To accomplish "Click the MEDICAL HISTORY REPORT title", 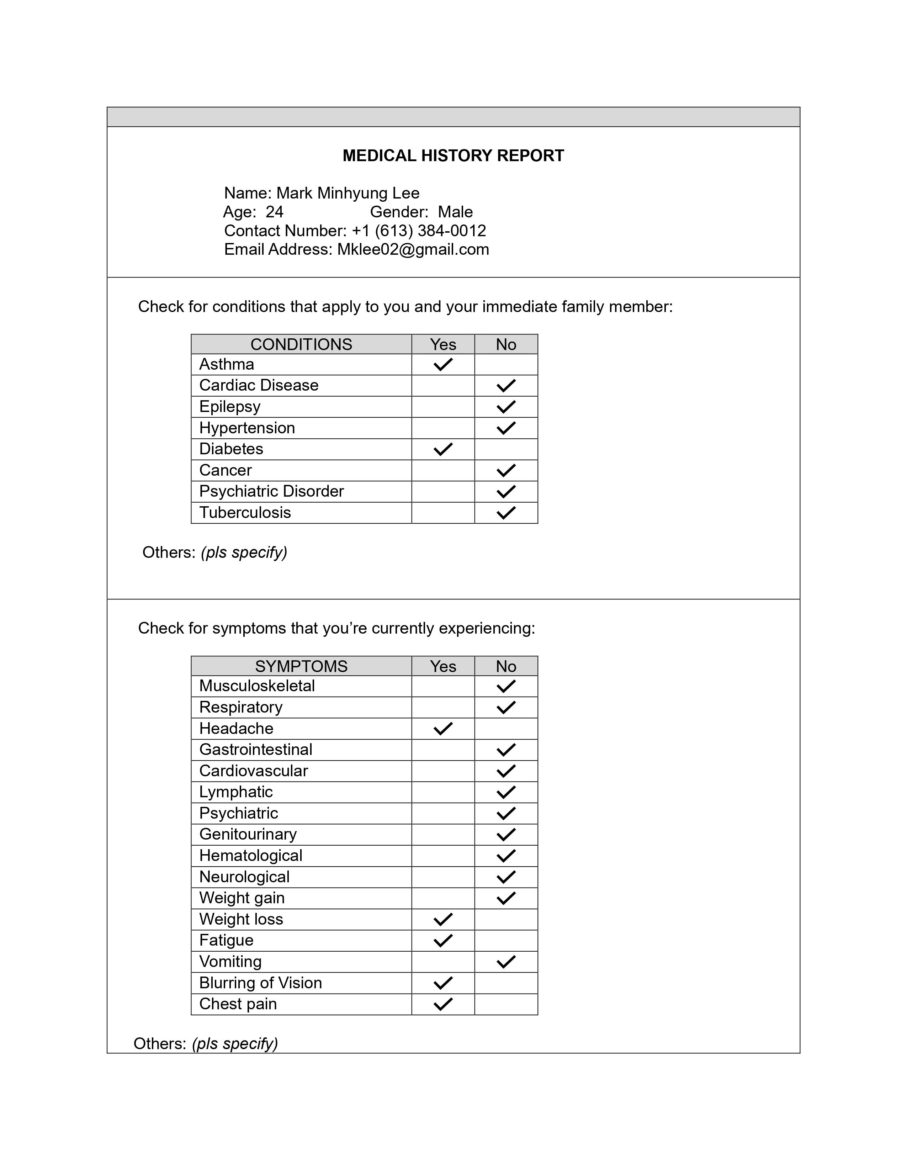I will [x=453, y=156].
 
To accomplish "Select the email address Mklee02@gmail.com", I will [x=413, y=249].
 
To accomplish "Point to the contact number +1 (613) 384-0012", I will [x=419, y=231].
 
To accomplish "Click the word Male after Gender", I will [x=455, y=212].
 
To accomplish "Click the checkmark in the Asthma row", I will [x=443, y=364].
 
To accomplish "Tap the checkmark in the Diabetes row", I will [x=443, y=449].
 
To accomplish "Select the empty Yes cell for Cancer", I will [x=443, y=470].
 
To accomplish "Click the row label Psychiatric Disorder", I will [x=271, y=491].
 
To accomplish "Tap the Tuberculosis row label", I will [x=245, y=513].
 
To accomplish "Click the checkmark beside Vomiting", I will [x=506, y=962].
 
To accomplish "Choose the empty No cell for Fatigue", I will [x=506, y=941].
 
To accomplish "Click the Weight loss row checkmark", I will [x=443, y=920].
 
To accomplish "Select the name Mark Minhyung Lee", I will [x=348, y=193].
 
